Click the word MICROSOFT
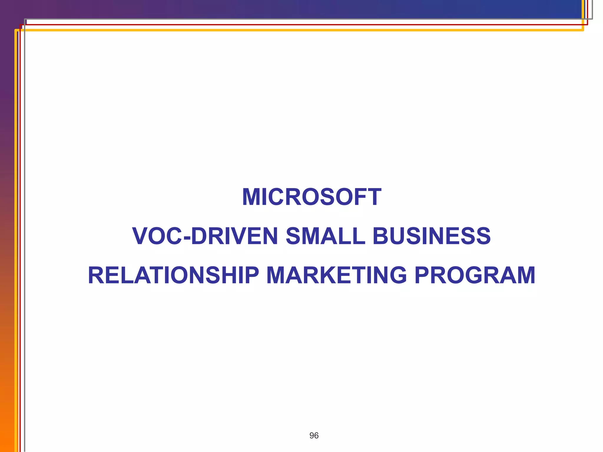coord(312,197)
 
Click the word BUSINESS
coord(431,236)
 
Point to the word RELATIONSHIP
coord(173,275)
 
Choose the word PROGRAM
coord(475,275)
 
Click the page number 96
coord(314,436)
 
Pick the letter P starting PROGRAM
coord(423,275)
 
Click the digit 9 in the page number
coord(312,436)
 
